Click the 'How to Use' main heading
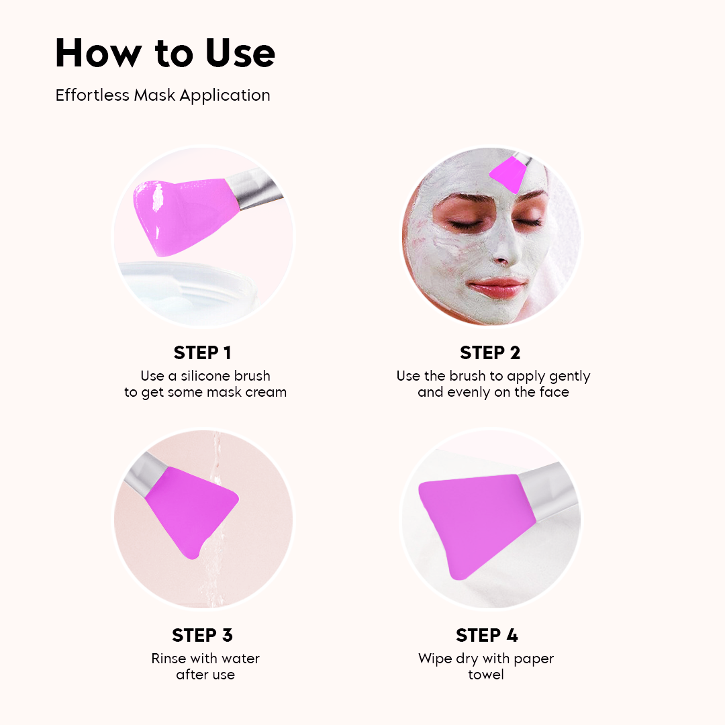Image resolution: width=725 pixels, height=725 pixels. [x=165, y=52]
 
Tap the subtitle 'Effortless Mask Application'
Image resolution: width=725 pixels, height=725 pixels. [x=162, y=95]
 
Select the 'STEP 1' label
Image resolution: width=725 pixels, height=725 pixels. [x=202, y=353]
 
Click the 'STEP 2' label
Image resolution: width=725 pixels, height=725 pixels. [x=490, y=353]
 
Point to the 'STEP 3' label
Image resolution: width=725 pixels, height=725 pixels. [x=202, y=635]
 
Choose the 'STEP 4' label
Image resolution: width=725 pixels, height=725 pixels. [x=487, y=635]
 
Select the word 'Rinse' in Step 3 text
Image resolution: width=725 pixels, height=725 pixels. [x=168, y=658]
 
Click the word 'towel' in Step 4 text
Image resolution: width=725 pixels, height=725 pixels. [x=486, y=674]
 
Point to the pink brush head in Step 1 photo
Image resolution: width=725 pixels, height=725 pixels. [x=178, y=215]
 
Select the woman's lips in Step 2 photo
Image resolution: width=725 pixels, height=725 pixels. [x=497, y=287]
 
